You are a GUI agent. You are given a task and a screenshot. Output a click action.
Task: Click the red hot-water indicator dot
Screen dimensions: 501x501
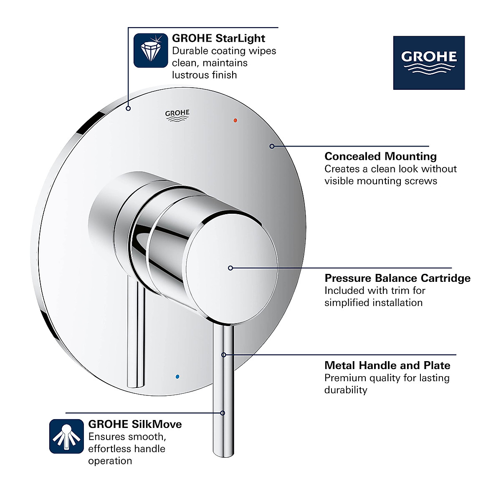[x=235, y=120]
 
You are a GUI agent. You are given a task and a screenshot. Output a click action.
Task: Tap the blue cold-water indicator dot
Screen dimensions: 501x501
[x=178, y=376]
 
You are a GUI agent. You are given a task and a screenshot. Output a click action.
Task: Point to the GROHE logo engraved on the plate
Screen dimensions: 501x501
[x=177, y=115]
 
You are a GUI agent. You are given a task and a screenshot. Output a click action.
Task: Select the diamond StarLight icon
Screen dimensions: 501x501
[x=150, y=51]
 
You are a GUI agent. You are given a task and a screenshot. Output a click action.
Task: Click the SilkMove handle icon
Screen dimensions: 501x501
[x=66, y=436]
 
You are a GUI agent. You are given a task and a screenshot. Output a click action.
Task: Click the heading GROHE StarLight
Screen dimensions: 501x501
[x=218, y=38]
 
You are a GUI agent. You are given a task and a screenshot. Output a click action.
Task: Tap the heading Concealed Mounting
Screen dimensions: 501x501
[x=380, y=156]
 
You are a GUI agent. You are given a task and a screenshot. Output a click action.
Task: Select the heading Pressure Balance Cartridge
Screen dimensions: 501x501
[x=397, y=278]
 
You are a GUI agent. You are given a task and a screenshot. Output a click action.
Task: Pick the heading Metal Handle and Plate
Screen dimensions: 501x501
[x=387, y=365]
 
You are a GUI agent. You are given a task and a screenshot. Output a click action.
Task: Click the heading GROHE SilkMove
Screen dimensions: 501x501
[x=135, y=424]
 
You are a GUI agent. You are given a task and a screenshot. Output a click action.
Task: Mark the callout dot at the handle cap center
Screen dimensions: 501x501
[x=230, y=268]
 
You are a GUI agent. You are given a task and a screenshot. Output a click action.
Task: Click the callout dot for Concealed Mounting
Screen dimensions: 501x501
[x=272, y=146]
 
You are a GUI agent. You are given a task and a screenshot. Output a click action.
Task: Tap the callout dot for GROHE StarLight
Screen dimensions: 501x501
[x=128, y=109]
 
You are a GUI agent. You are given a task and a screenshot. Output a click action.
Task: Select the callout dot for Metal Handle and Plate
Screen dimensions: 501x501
[x=224, y=355]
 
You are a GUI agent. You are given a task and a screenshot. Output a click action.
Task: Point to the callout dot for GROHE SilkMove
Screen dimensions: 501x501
[x=223, y=413]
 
